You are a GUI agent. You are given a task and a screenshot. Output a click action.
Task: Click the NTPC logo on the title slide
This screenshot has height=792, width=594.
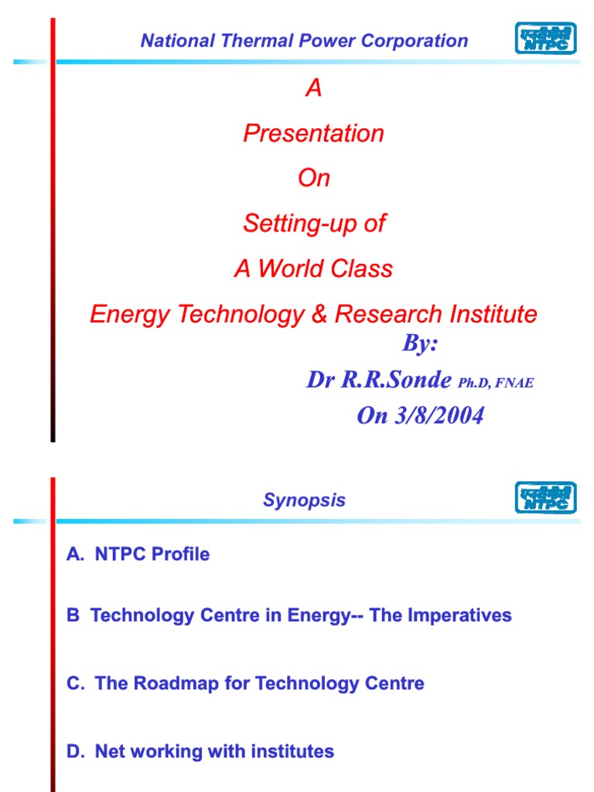(545, 38)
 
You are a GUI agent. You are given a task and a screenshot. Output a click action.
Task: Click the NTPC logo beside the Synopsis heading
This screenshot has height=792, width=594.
(545, 497)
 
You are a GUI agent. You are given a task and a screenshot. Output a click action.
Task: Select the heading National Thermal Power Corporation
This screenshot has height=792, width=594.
(304, 41)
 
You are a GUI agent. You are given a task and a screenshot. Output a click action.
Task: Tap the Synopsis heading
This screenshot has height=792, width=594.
(304, 500)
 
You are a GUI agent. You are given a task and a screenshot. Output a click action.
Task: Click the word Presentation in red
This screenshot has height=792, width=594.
(313, 134)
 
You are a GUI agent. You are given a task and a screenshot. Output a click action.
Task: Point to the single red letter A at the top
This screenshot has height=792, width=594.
(313, 89)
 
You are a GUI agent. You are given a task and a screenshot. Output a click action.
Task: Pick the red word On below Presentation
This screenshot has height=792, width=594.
(313, 179)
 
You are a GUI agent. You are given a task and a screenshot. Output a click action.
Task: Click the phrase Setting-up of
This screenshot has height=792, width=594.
(313, 224)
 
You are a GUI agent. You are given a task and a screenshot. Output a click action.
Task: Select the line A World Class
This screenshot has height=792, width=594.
(313, 269)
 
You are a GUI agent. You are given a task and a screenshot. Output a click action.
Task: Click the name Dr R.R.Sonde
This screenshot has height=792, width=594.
(379, 381)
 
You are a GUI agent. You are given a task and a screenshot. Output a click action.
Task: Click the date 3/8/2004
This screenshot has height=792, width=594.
(441, 416)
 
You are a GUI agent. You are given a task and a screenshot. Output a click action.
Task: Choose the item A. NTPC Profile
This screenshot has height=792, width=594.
(138, 555)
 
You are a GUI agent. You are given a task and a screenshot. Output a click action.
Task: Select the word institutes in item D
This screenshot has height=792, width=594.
(293, 751)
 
